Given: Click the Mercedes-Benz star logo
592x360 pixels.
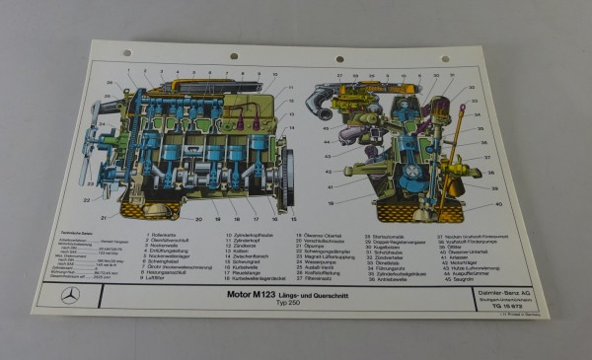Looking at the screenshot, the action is point(70,295).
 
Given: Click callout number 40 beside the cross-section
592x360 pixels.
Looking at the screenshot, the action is point(473,204).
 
